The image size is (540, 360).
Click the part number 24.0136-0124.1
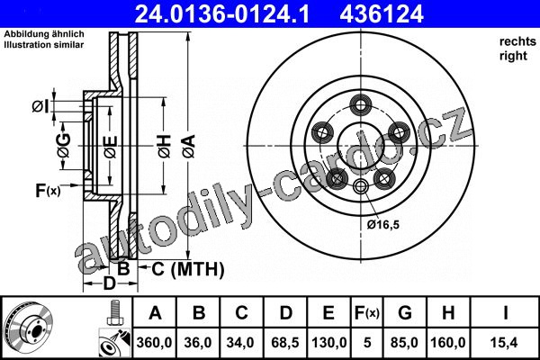[x=221, y=14]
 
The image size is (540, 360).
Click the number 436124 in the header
[x=382, y=14]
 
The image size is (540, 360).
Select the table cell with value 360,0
[x=154, y=342]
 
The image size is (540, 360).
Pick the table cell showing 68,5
[x=285, y=342]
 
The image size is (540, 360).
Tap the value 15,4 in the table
[x=505, y=342]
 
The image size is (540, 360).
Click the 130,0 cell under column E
[x=328, y=342]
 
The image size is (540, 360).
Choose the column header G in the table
[x=405, y=312]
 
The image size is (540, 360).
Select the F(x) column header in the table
[x=367, y=312]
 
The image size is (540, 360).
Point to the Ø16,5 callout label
[x=383, y=225]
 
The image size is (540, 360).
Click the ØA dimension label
[x=189, y=147]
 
